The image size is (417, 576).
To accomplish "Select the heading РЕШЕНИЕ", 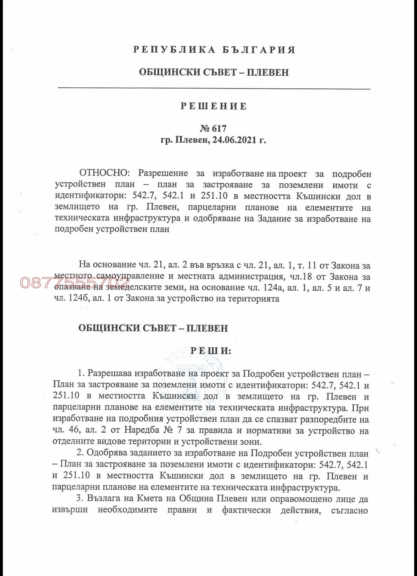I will click(x=213, y=106).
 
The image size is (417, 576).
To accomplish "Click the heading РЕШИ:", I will click(x=211, y=351).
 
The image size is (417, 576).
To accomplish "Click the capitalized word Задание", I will click(x=272, y=219).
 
